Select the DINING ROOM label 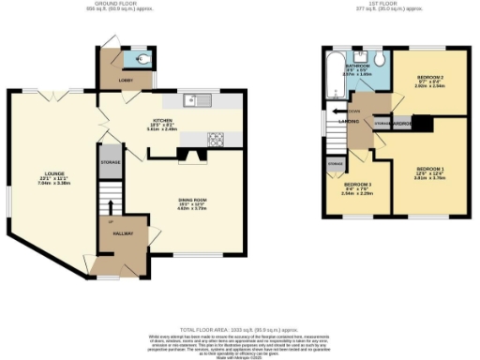pyautogui.click(x=193, y=201)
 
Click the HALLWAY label pyautogui.click(x=122, y=233)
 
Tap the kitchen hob pyautogui.click(x=217, y=140)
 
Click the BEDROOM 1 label pyautogui.click(x=429, y=169)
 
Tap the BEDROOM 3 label pyautogui.click(x=356, y=185)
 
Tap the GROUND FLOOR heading pyautogui.click(x=129, y=4)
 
